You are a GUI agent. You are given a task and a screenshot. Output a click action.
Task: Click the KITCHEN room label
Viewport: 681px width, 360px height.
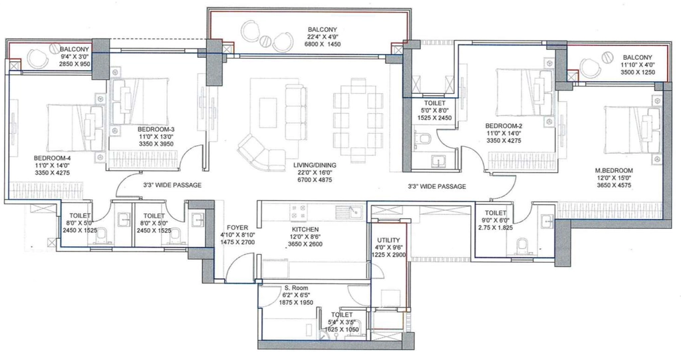point(305,229)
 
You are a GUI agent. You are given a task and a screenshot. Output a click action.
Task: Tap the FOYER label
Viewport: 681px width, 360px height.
point(237,228)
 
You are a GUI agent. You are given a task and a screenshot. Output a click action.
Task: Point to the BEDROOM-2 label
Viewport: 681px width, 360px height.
point(503,126)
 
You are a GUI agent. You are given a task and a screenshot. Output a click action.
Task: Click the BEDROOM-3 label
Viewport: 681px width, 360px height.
point(156,129)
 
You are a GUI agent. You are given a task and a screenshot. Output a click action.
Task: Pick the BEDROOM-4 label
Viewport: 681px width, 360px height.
point(52,158)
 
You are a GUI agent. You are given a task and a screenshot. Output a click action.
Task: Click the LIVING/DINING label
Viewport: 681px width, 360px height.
point(315,165)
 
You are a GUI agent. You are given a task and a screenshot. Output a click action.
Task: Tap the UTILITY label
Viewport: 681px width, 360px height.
point(388,240)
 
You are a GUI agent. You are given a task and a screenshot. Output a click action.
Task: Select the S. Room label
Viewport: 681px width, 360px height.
point(296,288)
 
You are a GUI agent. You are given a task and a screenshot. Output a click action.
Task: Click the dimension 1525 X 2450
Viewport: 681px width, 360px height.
point(434,118)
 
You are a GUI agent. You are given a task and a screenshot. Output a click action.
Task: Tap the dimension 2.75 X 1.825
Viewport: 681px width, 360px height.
point(495,228)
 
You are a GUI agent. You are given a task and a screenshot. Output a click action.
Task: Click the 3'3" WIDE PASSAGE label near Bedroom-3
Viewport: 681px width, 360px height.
point(172,185)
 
